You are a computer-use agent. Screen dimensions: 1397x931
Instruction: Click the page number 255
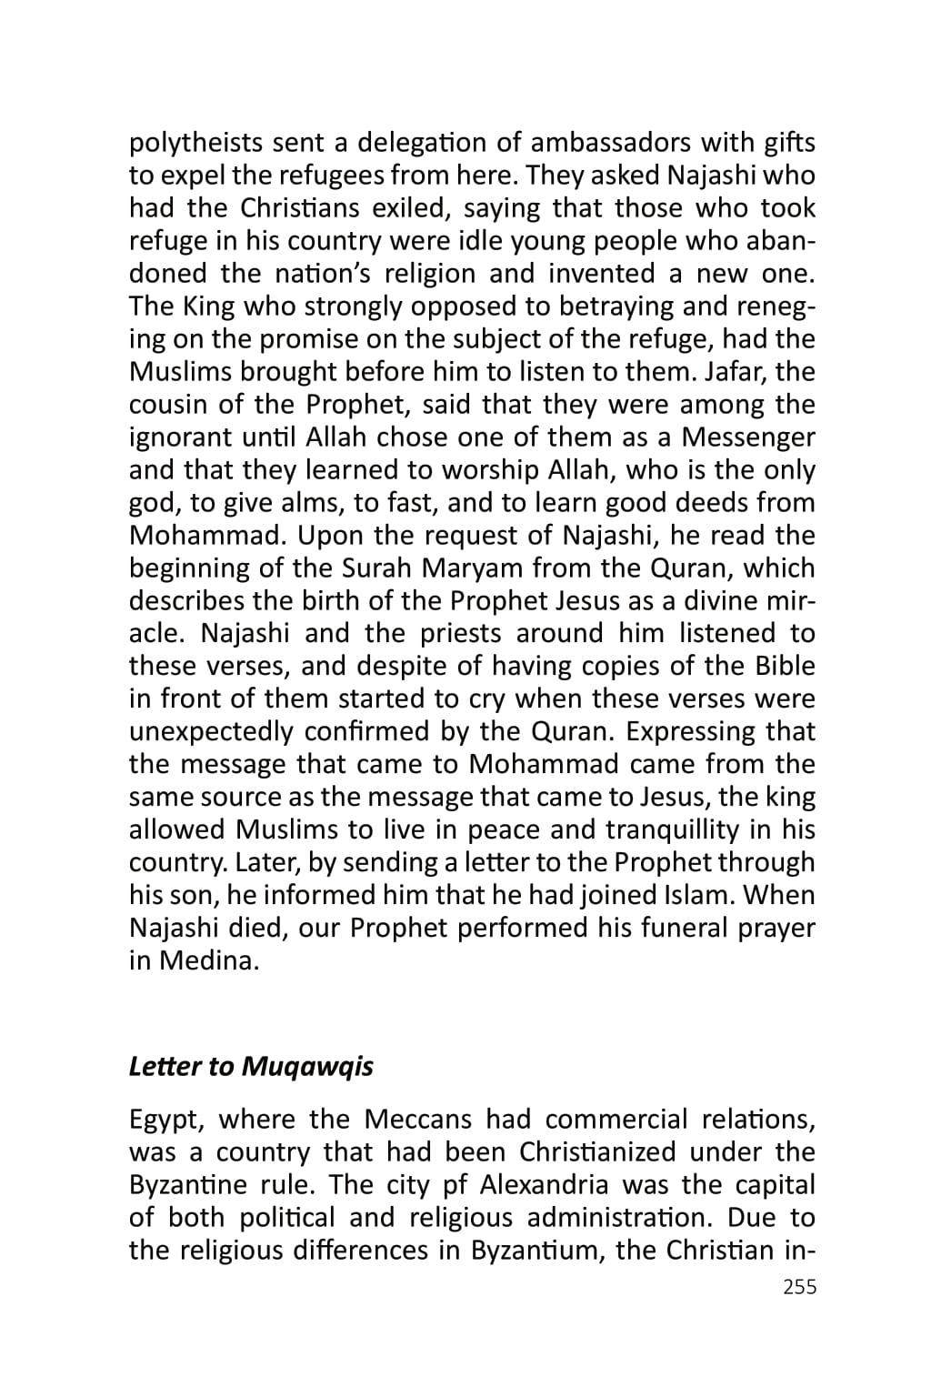[x=799, y=1287]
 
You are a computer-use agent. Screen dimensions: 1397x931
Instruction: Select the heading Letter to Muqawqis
[x=251, y=1066]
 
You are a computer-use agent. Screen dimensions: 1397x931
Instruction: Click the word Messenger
[x=748, y=437]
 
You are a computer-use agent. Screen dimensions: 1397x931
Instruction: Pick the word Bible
[x=785, y=667]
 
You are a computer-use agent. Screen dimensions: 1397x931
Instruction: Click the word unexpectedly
[x=211, y=732]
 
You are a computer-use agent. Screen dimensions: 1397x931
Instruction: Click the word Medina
[x=208, y=961]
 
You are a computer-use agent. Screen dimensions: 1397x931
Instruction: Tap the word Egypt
[x=162, y=1119]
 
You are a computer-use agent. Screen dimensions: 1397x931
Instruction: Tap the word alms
[x=295, y=503]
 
